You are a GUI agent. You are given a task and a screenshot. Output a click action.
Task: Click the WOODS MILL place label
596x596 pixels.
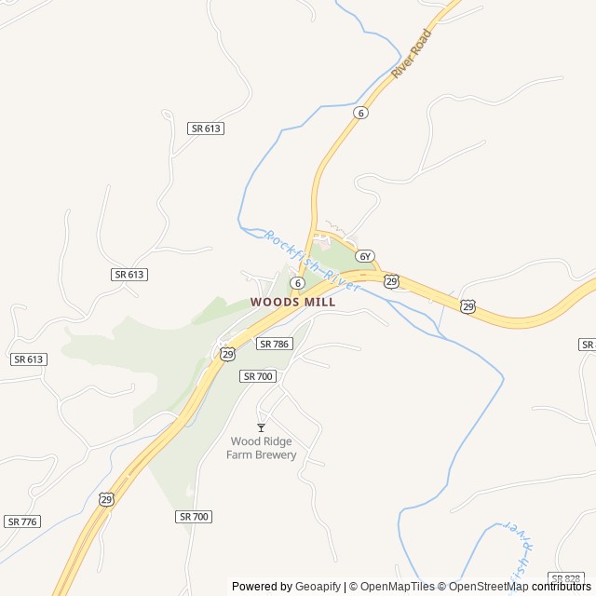pos(292,302)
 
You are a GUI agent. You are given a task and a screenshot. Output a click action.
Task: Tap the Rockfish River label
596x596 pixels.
pos(311,264)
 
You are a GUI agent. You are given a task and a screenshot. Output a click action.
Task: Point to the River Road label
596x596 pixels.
pos(412,54)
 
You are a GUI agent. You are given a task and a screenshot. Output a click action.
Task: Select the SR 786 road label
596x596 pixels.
pos(275,344)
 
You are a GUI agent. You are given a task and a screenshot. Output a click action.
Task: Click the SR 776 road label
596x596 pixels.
pos(22,521)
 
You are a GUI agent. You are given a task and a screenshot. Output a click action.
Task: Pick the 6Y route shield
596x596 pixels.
pos(364,256)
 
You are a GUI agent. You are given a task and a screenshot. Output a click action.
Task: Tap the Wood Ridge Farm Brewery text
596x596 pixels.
pos(262,448)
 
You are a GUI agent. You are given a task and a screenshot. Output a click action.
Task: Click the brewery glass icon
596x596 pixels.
pos(261,427)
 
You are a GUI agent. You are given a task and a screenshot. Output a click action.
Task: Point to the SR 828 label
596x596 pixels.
pos(566,578)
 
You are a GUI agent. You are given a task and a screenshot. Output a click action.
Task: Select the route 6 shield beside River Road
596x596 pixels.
pos(360,113)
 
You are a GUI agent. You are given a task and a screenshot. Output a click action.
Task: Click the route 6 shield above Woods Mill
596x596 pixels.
pos(296,282)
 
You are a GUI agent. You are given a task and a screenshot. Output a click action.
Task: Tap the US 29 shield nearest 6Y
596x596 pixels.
pos(391,281)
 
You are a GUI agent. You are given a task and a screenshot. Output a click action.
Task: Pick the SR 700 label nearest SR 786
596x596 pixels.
pos(258,375)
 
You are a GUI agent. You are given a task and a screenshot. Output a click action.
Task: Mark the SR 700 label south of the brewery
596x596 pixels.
pos(194,515)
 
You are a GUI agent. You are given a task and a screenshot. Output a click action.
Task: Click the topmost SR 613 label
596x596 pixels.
pos(206,129)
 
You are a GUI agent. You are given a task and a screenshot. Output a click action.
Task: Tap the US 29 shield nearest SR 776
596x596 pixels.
pos(106,499)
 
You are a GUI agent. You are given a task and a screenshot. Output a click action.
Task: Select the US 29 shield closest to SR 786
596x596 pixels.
pos(227,354)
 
